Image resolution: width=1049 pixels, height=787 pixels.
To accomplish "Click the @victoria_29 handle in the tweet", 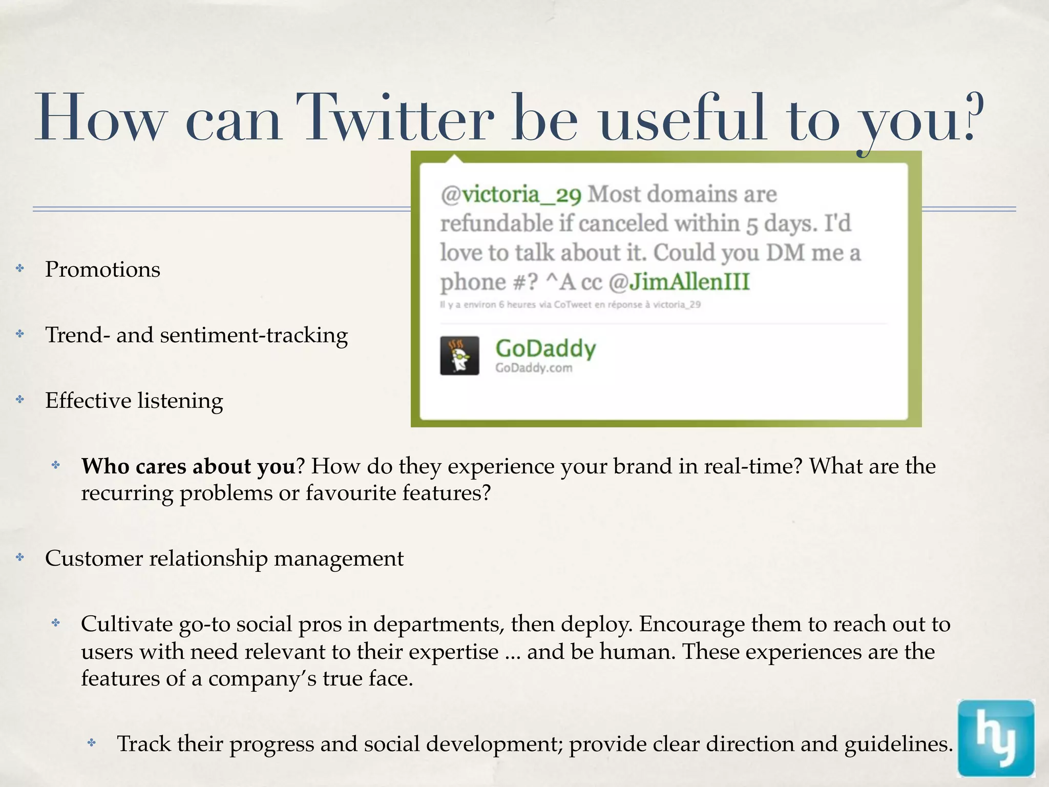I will (x=511, y=195).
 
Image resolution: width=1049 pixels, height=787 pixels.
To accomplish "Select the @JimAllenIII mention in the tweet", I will (x=679, y=282).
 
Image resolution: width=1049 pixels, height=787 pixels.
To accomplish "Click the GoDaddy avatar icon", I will (x=459, y=356).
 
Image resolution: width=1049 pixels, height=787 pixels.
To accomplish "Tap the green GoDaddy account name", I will (x=546, y=348).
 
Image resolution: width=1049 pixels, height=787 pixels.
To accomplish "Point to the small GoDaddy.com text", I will (x=533, y=368).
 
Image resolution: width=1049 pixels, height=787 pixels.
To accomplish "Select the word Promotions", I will (x=102, y=270).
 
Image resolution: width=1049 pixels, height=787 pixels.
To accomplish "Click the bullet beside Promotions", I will (x=20, y=268).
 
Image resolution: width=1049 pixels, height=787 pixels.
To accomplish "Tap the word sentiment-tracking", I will (x=254, y=336).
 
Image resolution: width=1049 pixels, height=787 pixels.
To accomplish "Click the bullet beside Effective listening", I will (x=20, y=399).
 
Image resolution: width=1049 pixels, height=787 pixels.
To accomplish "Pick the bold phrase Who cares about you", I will (x=188, y=466).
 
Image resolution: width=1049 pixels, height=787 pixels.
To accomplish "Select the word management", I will (x=339, y=558).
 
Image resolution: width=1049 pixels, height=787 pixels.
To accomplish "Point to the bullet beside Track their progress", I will (x=92, y=742).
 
